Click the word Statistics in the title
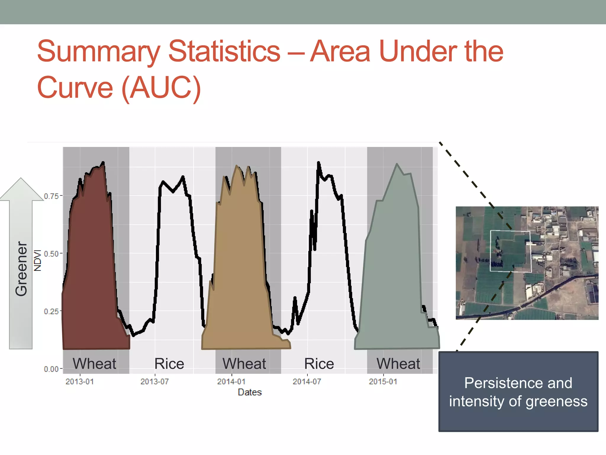pos(224,52)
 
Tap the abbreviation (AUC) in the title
pos(161,88)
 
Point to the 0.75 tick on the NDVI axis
pos(51,196)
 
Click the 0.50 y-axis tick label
pos(51,254)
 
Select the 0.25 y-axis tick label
pos(51,311)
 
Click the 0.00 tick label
pos(51,369)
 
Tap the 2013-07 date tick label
pos(154,382)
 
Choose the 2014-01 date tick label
pos(231,382)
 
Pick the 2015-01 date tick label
pos(383,382)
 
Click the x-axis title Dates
pos(250,392)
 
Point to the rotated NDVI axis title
pos(38,260)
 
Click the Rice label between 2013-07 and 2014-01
pos(169,363)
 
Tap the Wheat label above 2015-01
pos(398,363)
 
